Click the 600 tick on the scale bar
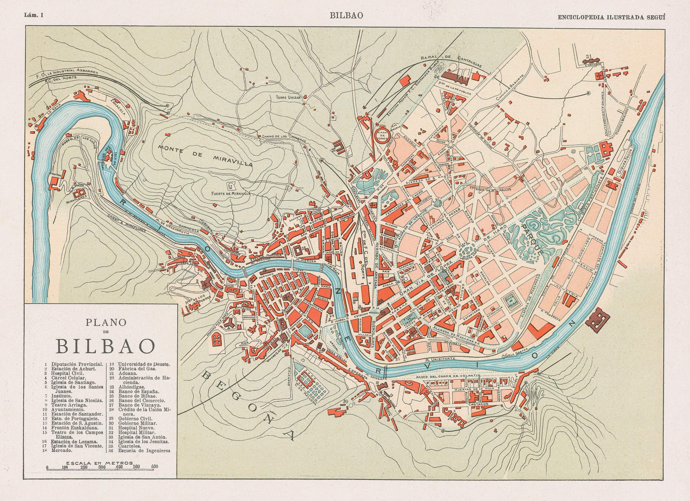tap(155, 467)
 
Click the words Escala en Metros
tap(91, 462)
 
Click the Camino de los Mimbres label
tap(284, 139)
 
